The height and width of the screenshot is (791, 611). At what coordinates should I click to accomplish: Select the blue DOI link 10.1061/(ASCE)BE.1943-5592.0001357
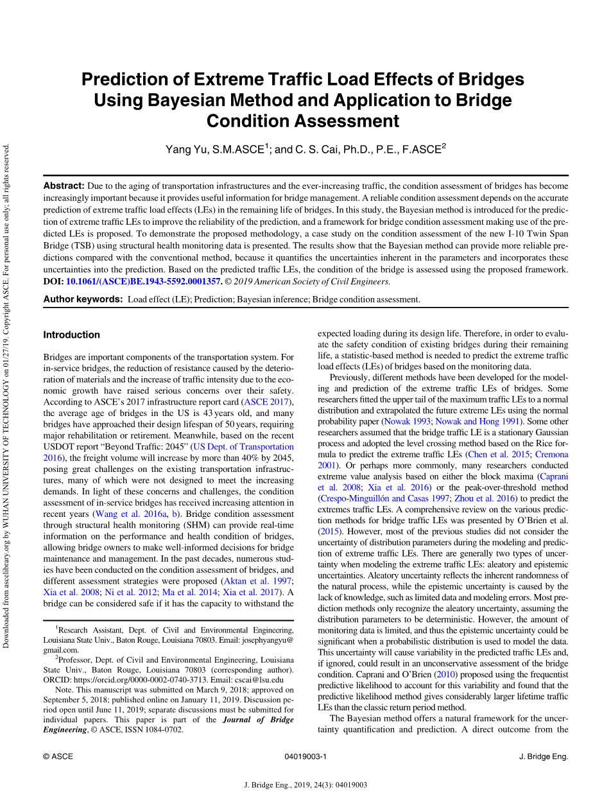144,281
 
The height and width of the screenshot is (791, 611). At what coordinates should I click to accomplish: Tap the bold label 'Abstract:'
64,186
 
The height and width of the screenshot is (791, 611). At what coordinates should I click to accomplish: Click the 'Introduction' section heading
71,335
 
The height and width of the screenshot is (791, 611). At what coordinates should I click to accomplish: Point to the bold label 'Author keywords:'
83,299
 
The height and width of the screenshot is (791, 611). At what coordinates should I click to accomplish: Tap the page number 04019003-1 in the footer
305,756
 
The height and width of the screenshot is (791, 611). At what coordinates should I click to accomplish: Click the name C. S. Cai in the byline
316,150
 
